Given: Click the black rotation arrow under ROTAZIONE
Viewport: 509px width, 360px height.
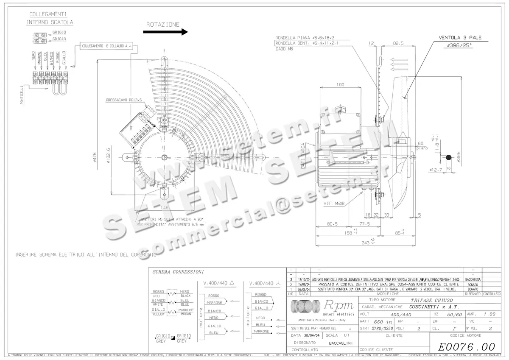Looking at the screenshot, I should (165, 32).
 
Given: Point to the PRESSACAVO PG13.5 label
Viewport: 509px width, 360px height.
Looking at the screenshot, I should (123, 101).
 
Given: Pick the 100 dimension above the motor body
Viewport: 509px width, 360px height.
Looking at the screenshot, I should (340, 85).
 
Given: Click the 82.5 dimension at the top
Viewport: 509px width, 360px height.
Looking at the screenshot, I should (398, 43).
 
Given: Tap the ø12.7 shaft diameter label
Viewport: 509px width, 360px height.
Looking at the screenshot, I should (436, 170).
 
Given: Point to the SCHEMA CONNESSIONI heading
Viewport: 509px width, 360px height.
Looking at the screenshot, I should (178, 272).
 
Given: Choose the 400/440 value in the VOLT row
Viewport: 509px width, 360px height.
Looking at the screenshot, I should (401, 314).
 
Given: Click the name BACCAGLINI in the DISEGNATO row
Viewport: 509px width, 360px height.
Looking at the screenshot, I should (342, 342).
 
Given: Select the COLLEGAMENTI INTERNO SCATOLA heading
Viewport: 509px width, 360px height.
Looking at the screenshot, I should (50, 18).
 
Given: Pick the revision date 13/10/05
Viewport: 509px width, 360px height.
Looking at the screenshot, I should (303, 280).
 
